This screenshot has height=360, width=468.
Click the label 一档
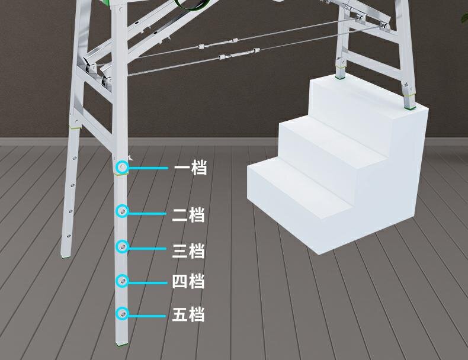click(x=190, y=168)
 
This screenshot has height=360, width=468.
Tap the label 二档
click(x=188, y=215)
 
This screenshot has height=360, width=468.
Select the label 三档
click(x=188, y=251)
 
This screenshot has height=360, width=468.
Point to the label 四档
click(x=188, y=281)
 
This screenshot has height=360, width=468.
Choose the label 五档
click(x=188, y=314)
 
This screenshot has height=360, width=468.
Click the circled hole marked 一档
click(x=121, y=168)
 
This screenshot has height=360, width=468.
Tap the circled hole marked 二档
click(x=121, y=211)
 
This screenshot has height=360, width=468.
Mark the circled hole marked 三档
click(x=121, y=246)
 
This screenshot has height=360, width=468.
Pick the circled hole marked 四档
click(x=121, y=281)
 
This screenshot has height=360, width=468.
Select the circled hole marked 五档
click(x=121, y=313)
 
